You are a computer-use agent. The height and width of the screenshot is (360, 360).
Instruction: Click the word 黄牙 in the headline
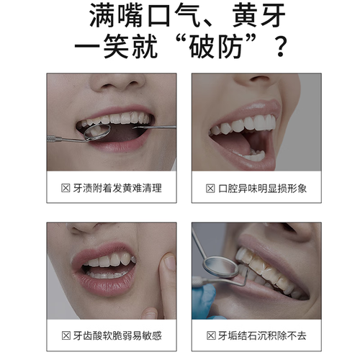(258, 16)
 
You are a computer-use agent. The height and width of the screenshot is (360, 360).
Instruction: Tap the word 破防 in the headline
(215, 46)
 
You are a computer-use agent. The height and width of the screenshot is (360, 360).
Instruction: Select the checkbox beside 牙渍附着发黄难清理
(66, 188)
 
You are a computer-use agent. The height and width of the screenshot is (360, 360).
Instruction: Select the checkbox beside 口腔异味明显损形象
(210, 189)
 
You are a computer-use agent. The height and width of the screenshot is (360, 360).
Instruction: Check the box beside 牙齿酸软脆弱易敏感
(66, 336)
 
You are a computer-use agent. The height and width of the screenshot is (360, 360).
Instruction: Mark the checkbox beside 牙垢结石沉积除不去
(211, 336)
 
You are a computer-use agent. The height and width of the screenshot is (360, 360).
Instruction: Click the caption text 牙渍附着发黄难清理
(117, 188)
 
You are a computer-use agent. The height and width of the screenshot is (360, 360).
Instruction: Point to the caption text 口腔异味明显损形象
(262, 189)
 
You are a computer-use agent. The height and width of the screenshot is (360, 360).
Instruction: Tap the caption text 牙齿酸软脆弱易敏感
(117, 336)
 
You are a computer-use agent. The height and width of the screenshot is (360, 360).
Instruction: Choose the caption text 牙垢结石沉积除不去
(262, 336)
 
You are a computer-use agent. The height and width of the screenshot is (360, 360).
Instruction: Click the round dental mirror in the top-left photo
(97, 132)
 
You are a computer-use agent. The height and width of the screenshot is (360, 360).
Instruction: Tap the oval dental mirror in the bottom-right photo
(221, 267)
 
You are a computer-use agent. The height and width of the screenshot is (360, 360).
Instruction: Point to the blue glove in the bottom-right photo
(204, 301)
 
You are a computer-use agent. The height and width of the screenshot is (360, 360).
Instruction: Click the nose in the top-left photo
(118, 83)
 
